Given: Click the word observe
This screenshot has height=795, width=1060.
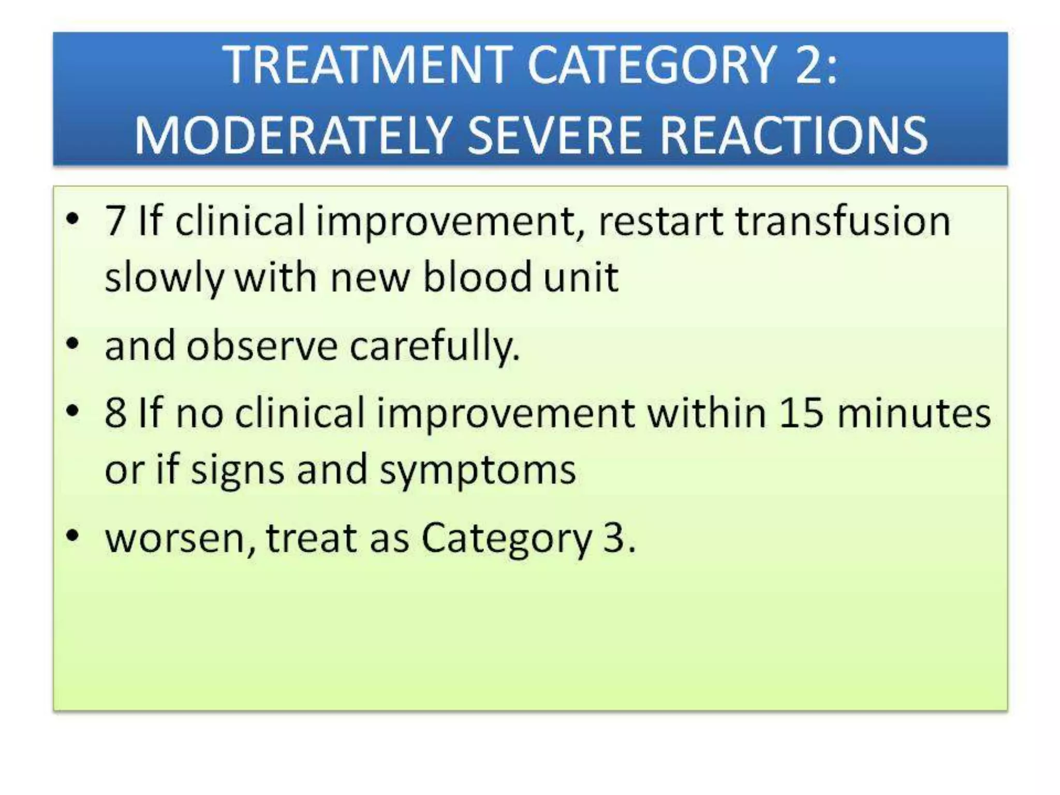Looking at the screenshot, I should pyautogui.click(x=262, y=346).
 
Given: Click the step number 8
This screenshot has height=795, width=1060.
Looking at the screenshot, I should pyautogui.click(x=115, y=414).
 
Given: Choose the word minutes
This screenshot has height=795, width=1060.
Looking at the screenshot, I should pyautogui.click(x=914, y=414).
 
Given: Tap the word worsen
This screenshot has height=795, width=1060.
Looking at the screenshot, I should pyautogui.click(x=179, y=538).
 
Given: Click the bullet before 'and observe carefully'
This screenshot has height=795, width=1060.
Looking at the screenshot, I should pyautogui.click(x=73, y=344).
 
